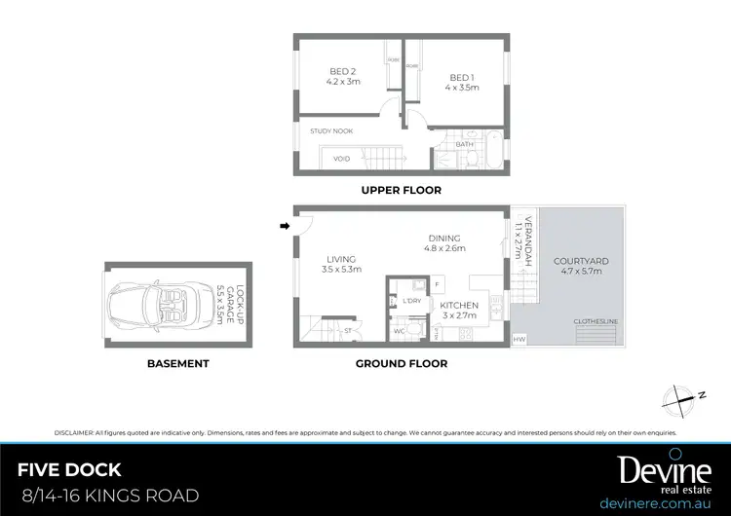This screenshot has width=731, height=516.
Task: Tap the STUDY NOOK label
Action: (x=331, y=130)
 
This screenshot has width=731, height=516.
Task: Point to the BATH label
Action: (x=464, y=144)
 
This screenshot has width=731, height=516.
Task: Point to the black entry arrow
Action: (x=285, y=226)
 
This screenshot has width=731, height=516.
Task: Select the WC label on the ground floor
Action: (x=399, y=331)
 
